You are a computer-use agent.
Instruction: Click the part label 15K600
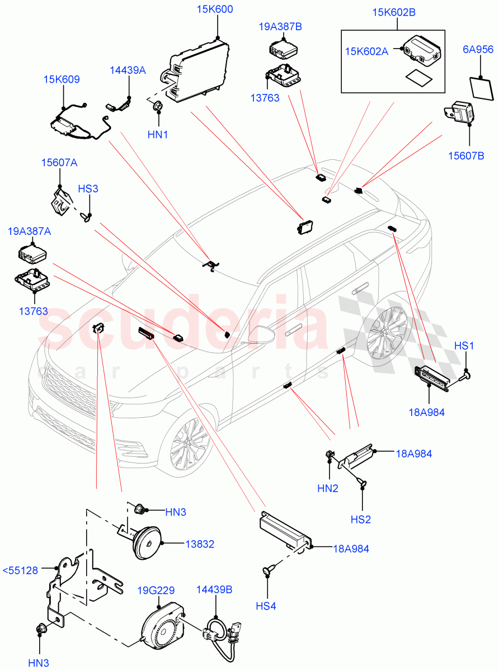click(x=215, y=10)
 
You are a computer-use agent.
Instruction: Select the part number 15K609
click(x=62, y=79)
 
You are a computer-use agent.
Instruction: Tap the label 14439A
click(x=128, y=70)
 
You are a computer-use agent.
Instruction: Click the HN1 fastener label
click(x=158, y=135)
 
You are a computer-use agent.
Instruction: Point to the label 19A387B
click(x=280, y=26)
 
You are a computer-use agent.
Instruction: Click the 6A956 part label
click(x=478, y=50)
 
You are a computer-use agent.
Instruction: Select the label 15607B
click(x=465, y=155)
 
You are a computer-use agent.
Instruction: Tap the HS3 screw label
click(x=88, y=188)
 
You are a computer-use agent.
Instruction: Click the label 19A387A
click(x=29, y=231)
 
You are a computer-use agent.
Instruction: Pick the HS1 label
click(x=464, y=346)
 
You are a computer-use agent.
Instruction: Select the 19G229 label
click(x=157, y=590)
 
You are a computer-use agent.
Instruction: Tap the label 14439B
click(x=214, y=590)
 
